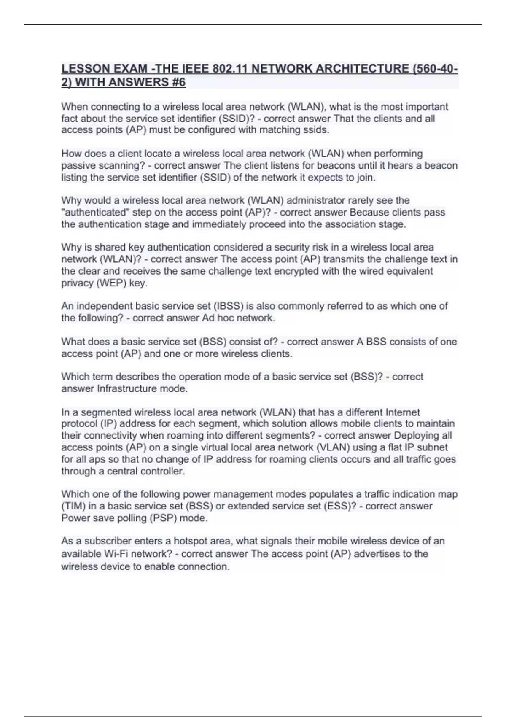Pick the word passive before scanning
[x=78, y=165]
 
